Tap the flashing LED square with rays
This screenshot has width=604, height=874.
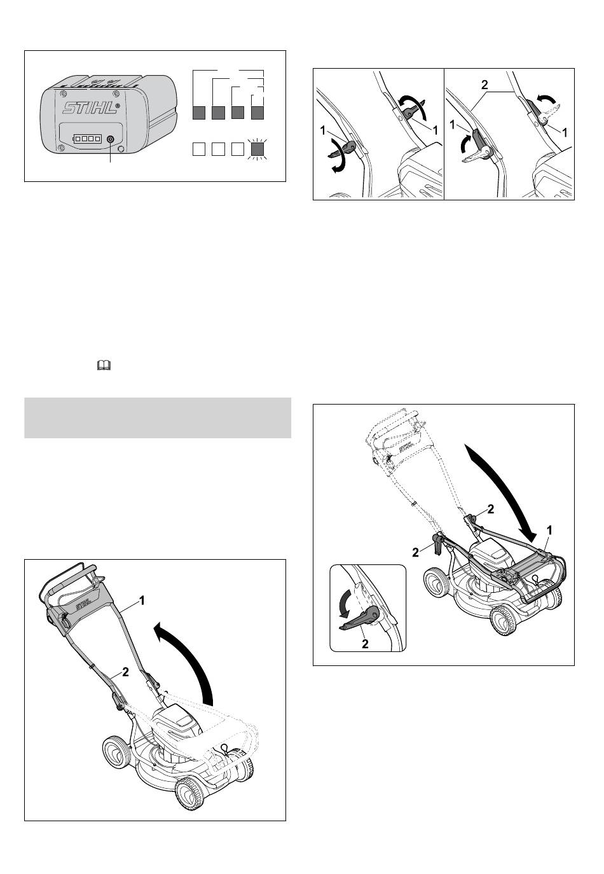257,149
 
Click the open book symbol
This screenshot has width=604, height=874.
104,365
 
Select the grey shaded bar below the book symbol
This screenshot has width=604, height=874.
158,417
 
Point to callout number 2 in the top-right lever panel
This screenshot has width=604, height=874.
484,85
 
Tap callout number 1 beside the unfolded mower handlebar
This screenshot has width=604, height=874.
142,600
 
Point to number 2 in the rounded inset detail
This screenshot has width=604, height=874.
365,644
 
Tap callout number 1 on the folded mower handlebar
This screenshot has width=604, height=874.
549,531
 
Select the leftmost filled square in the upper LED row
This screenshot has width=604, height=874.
199,113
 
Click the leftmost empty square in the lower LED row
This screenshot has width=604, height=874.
199,149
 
